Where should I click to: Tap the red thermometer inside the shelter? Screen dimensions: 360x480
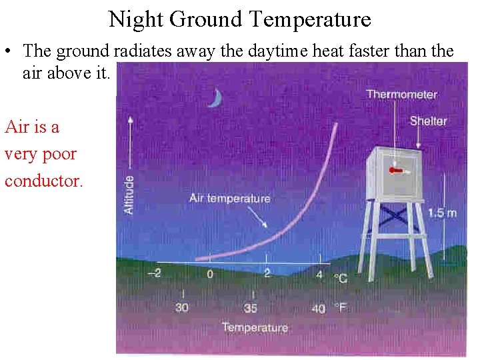click(x=397, y=171)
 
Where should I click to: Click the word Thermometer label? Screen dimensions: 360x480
click(x=401, y=95)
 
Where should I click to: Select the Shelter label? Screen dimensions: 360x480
click(x=428, y=121)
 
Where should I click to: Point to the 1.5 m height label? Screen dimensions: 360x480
click(x=442, y=213)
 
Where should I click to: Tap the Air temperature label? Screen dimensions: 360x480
click(x=229, y=198)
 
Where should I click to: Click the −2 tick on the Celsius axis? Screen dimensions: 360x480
click(x=154, y=273)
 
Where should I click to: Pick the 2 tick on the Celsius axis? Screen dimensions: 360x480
click(x=267, y=273)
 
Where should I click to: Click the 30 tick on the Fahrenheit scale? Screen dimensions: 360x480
click(x=182, y=307)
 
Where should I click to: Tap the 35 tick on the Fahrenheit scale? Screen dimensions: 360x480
click(x=251, y=308)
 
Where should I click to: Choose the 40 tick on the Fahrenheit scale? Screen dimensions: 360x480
click(x=319, y=308)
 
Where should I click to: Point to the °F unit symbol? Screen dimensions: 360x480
click(x=340, y=308)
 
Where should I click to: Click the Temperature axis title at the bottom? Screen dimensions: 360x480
click(x=255, y=327)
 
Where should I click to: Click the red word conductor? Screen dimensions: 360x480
click(x=44, y=181)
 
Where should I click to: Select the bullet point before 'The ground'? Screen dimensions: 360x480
click(x=7, y=51)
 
